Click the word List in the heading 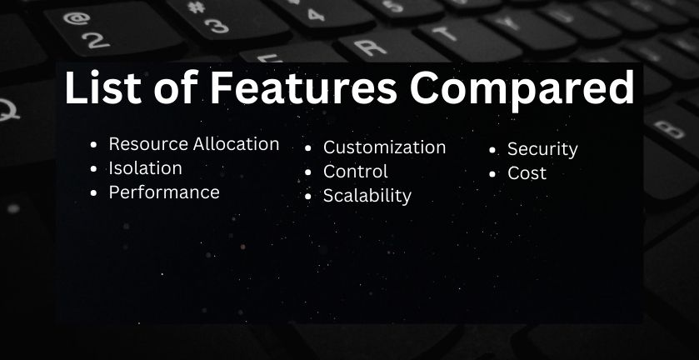click(103, 87)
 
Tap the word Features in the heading click(303, 87)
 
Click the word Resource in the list click(148, 144)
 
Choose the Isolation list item click(145, 168)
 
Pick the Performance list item click(164, 192)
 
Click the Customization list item click(384, 147)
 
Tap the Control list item click(355, 172)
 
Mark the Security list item click(542, 149)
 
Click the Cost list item click(527, 173)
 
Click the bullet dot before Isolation click(93, 169)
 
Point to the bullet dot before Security click(492, 150)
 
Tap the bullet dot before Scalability click(307, 197)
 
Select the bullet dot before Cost click(492, 174)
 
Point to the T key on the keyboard click(468, 37)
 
